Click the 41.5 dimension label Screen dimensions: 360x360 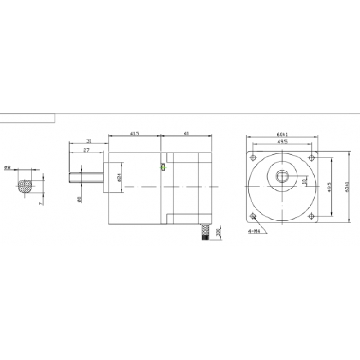click(134, 134)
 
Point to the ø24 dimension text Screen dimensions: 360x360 click(119, 177)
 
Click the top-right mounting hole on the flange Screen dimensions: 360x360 click(310, 158)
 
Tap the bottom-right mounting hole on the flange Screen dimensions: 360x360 click(310, 216)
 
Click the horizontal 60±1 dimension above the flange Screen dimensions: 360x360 click(282, 134)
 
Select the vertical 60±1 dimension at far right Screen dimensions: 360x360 click(346, 187)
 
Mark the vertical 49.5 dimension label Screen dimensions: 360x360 click(329, 187)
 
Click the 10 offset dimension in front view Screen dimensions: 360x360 click(305, 181)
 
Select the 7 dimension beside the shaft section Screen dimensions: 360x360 click(40, 203)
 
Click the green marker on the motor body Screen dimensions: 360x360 click(162, 168)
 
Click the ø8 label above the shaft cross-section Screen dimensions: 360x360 click(7, 167)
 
